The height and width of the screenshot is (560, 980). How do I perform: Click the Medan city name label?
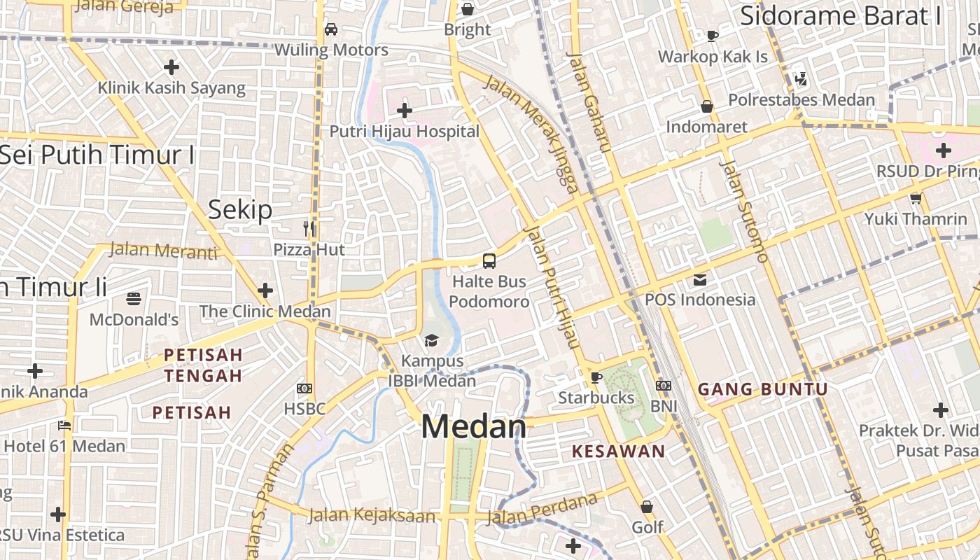(x=473, y=427)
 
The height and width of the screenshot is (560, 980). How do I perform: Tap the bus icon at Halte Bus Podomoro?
(x=489, y=261)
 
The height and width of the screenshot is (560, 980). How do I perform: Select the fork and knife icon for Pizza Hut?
(x=309, y=228)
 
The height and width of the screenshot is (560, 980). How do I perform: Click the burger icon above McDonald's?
(x=134, y=300)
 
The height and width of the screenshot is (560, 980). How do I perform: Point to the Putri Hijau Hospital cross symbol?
(x=404, y=111)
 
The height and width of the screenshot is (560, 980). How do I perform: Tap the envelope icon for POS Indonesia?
(x=700, y=280)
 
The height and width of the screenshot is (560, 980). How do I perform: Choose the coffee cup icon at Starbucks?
(x=596, y=378)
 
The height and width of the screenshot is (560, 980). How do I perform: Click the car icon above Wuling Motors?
(x=331, y=29)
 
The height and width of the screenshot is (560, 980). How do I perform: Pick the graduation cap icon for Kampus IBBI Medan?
(x=431, y=341)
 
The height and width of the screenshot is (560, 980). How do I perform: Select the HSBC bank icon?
(x=304, y=388)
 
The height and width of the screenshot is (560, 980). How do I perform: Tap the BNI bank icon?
(x=664, y=386)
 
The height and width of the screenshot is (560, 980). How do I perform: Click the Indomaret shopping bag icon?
(x=707, y=106)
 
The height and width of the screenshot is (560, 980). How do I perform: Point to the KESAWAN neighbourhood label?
(x=618, y=451)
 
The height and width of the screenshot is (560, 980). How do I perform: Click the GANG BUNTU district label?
(x=763, y=390)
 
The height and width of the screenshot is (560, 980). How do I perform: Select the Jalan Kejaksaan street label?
(x=372, y=517)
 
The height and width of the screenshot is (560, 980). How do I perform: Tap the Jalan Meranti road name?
(x=164, y=250)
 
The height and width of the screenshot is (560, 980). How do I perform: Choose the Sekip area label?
(x=240, y=209)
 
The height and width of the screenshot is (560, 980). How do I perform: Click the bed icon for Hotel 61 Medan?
(x=64, y=426)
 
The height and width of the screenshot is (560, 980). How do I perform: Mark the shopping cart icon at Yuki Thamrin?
(x=916, y=199)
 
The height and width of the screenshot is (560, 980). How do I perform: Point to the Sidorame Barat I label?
(x=841, y=15)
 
